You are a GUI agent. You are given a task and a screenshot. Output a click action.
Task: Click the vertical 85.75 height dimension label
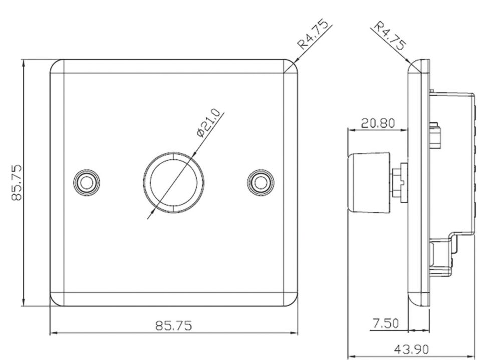17,183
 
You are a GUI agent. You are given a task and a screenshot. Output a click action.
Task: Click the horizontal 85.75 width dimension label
174,326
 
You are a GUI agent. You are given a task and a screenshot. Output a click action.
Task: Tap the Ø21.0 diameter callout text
209,123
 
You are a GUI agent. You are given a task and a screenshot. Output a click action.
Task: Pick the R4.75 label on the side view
390,35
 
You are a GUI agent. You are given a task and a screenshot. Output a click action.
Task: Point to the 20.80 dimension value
378,123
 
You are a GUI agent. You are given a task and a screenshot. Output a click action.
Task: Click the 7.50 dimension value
386,323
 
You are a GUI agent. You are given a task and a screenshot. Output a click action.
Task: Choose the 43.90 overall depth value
411,349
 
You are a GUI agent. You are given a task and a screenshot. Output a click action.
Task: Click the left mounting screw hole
86,183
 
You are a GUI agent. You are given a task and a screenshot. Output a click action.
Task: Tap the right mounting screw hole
261,183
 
